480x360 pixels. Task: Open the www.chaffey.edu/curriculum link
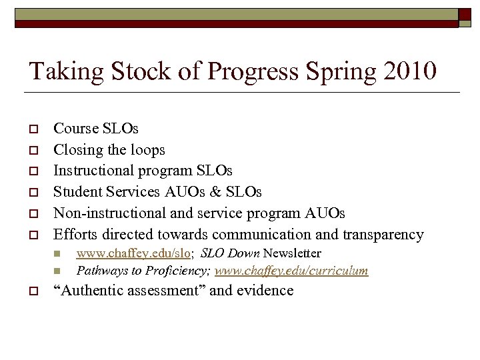pos(291,271)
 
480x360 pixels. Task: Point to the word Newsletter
pos(292,253)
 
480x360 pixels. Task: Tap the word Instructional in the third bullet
pos(94,171)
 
